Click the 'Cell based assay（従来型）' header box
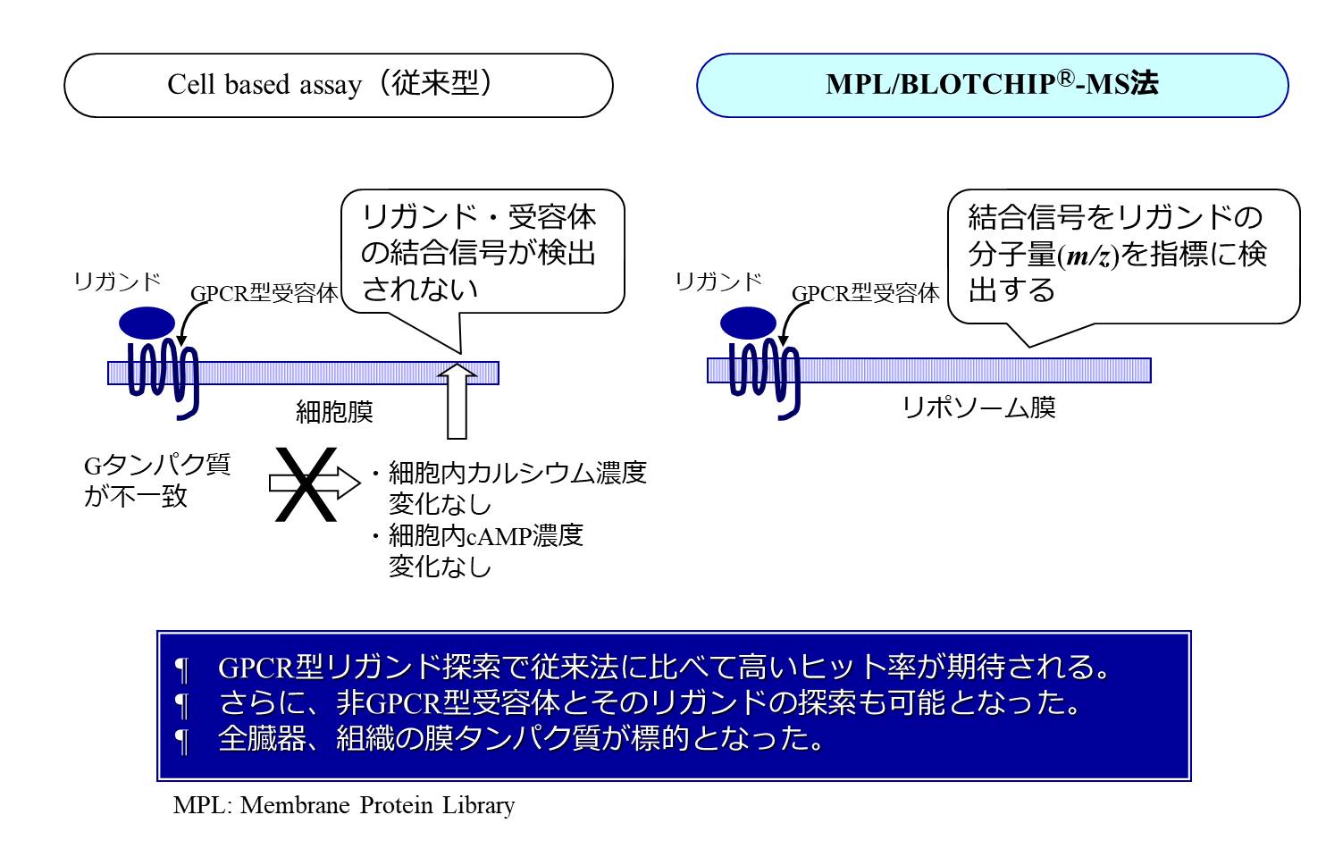click(x=338, y=85)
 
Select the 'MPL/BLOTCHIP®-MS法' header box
click(x=992, y=85)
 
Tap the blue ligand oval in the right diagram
click(x=748, y=323)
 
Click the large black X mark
click(x=305, y=483)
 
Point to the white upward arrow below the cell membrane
click(x=457, y=401)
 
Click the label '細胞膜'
click(x=334, y=412)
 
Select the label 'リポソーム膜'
click(x=979, y=407)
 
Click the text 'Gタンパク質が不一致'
click(x=157, y=480)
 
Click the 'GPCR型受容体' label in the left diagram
click(x=264, y=294)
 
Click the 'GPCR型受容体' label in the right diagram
click(x=865, y=294)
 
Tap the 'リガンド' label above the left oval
click(x=117, y=282)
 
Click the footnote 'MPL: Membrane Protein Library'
click(x=344, y=805)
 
